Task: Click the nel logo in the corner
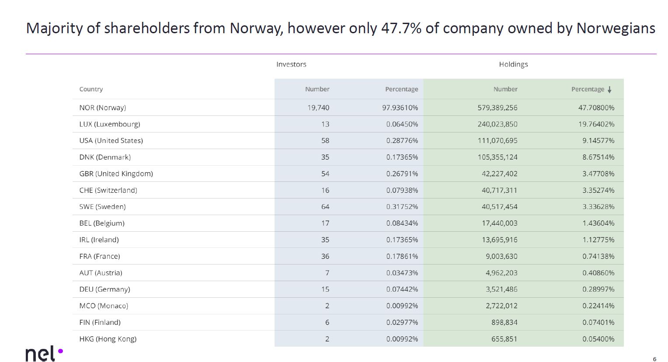pos(44,353)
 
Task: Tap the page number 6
pos(654,359)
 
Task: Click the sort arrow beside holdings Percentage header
pos(609,90)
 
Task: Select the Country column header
pos(91,89)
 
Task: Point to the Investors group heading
pos(291,64)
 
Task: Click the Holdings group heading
pos(513,64)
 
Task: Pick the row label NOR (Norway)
pos(102,108)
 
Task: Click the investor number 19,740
pos(318,108)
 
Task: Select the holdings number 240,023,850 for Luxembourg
pos(497,124)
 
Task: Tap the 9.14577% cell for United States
pos(598,141)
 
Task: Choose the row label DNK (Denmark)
pos(105,157)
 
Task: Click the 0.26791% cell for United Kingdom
pos(402,174)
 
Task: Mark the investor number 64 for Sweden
pos(325,207)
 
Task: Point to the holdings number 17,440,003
pos(499,223)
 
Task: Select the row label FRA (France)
pos(99,256)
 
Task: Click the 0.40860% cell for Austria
pos(598,273)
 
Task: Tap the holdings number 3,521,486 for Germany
pos(501,289)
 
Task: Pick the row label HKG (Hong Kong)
pos(108,339)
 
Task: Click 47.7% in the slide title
pos(401,28)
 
